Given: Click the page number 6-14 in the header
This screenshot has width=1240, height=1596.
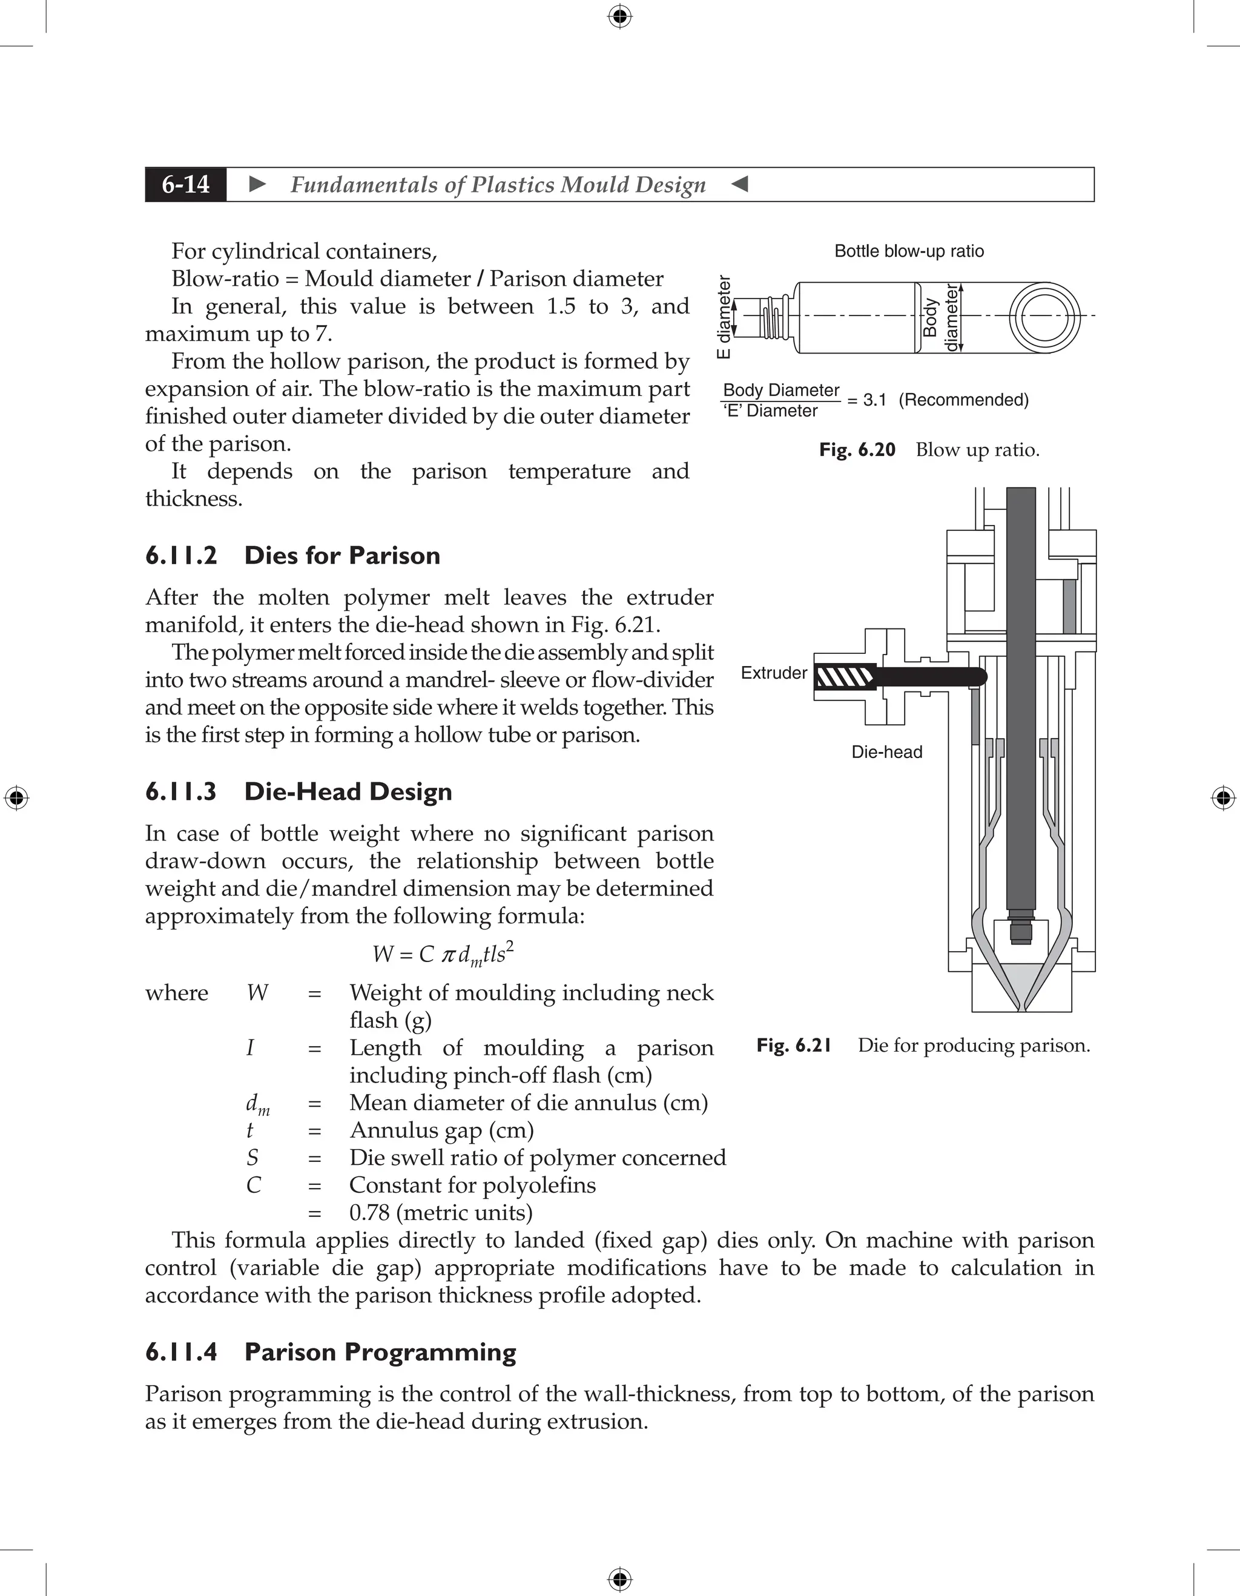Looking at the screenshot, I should point(186,184).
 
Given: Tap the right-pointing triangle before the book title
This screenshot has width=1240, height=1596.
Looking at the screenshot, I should point(257,184).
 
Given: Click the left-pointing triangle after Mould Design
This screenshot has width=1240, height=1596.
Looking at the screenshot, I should point(739,184).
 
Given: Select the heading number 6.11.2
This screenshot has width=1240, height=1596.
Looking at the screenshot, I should point(181,555).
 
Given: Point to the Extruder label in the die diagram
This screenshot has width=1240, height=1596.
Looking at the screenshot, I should point(773,673).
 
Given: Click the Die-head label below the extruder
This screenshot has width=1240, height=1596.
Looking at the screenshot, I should point(886,752).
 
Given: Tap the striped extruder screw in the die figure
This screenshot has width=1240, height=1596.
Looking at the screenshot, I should point(845,678).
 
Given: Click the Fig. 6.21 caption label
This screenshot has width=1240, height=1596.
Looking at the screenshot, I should point(794,1046).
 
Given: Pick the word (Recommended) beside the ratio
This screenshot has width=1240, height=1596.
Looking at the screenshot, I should point(963,400).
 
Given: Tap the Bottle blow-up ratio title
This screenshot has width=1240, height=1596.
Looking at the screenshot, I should point(909,251).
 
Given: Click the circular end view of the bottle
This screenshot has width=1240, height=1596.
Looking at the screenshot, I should point(1043,317).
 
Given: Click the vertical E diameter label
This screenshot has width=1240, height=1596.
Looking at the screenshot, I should point(724,317).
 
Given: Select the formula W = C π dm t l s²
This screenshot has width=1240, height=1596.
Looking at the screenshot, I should point(443,954).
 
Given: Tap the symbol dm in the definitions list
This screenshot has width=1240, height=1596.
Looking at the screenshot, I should point(257,1104).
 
